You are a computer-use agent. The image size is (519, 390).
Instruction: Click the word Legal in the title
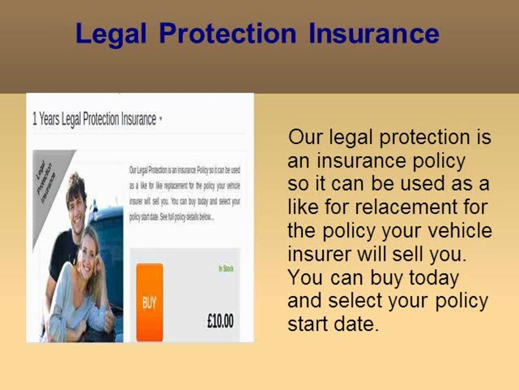click(x=111, y=34)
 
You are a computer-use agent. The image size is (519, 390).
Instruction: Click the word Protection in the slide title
click(x=228, y=34)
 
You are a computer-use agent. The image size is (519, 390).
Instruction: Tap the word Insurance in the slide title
click(x=374, y=34)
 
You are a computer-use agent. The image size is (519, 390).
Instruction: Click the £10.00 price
click(x=221, y=320)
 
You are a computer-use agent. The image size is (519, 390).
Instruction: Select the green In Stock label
click(x=226, y=269)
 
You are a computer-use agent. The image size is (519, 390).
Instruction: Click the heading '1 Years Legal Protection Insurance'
click(x=94, y=119)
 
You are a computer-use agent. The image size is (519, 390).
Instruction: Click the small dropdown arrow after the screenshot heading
click(x=161, y=120)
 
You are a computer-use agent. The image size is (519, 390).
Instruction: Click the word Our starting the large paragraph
click(x=305, y=136)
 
